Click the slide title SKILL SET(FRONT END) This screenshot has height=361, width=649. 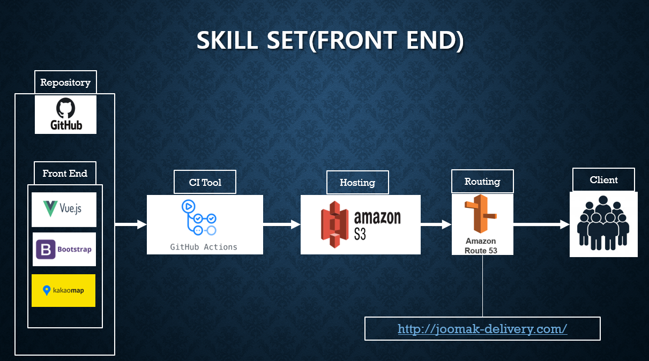330,41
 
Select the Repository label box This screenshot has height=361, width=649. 65,82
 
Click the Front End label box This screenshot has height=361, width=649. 65,174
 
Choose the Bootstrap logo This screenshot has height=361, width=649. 64,250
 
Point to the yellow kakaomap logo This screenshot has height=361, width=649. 63,290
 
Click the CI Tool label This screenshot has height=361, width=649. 205,182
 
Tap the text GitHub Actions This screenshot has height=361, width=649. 204,247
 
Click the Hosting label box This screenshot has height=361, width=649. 357,183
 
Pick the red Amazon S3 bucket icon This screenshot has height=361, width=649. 335,224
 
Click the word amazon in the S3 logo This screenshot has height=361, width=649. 377,217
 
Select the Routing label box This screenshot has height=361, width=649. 482,182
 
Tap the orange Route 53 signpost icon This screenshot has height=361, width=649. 480,215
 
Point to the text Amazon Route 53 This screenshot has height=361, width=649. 481,246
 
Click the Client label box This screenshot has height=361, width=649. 603,180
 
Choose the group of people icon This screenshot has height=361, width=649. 603,223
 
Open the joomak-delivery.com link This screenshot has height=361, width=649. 482,329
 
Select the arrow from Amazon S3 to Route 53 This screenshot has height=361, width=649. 436,224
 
